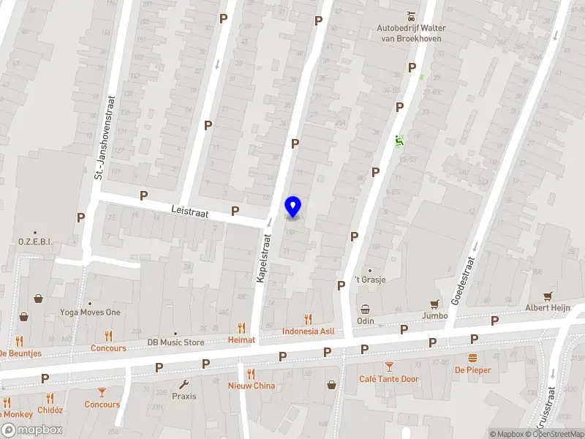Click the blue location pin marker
pyautogui.click(x=293, y=207)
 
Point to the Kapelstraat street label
pyautogui.click(x=263, y=258)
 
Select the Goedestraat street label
pyautogui.click(x=464, y=280)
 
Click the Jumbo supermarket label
pyautogui.click(x=434, y=316)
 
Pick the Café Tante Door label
pyautogui.click(x=389, y=379)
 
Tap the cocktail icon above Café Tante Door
pyautogui.click(x=389, y=366)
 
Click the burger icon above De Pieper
pyautogui.click(x=472, y=358)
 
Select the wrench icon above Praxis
pyautogui.click(x=184, y=384)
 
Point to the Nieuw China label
pyautogui.click(x=252, y=386)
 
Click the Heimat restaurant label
pyautogui.click(x=241, y=339)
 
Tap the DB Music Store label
pyautogui.click(x=175, y=342)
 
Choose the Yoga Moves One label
pyautogui.click(x=90, y=312)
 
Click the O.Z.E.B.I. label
pyautogui.click(x=35, y=241)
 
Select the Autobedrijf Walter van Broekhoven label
pyautogui.click(x=411, y=32)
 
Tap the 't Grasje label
pyautogui.click(x=369, y=279)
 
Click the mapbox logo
pyautogui.click(x=32, y=430)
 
